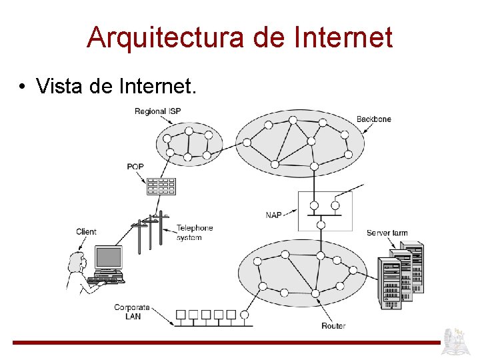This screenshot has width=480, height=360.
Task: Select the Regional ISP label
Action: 159,111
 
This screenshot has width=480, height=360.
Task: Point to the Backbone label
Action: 373,119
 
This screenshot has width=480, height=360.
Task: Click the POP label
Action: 135,167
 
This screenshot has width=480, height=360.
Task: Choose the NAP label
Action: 273,215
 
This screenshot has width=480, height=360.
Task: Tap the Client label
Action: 86,232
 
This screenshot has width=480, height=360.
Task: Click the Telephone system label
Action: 194,233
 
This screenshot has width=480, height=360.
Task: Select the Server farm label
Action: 387,233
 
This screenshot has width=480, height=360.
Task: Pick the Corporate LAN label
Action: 131,312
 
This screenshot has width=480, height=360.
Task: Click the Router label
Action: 333,326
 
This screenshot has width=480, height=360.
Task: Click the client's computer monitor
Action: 108,257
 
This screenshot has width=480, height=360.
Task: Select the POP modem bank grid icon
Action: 161,186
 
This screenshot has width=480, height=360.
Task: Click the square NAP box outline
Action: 325,211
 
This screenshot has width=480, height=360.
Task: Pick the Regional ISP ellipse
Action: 188,143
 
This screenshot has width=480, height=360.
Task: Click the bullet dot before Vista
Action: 23,87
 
